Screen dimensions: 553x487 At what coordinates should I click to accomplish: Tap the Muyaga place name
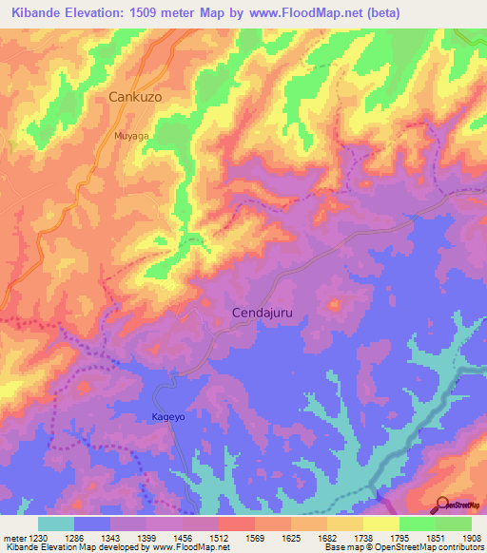(131, 137)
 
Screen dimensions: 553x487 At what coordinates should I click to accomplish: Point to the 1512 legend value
(219, 537)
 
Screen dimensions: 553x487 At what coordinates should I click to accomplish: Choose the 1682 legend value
(327, 537)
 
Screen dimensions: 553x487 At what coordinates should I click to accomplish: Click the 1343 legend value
(110, 537)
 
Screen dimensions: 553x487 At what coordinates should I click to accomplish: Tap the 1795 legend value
(399, 537)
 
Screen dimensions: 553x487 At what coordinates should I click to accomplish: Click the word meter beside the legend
(13, 537)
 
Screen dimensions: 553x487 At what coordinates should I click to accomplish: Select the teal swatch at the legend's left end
(56, 524)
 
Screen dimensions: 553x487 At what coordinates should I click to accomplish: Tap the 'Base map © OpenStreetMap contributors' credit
(403, 547)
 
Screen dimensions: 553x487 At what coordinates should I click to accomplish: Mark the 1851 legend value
(436, 537)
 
